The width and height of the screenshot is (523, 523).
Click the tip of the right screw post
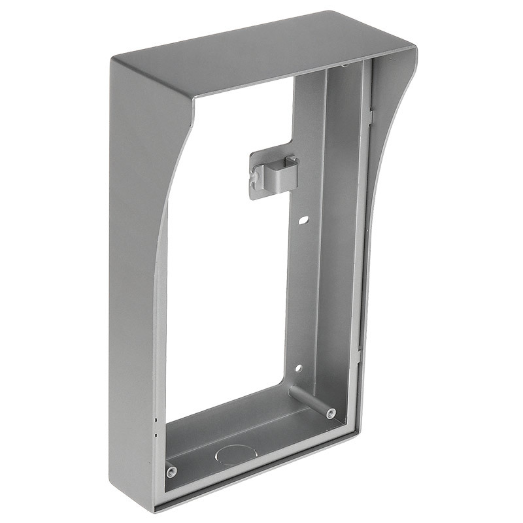[x=331, y=413]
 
